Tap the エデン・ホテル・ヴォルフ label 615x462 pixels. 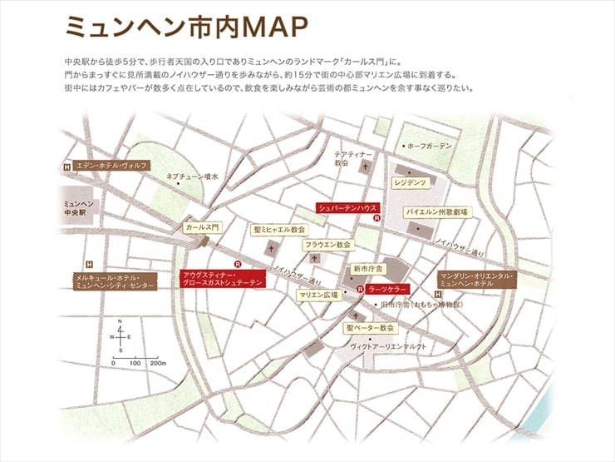pos(111,166)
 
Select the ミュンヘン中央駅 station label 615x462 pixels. pos(81,208)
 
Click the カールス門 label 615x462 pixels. pos(201,226)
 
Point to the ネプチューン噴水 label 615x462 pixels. pos(192,176)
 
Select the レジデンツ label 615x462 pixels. pos(411,181)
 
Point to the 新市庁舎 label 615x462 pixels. pos(367,269)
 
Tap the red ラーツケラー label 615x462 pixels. pos(387,289)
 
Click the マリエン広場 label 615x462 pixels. pos(319,295)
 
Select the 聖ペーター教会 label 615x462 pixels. pos(371,328)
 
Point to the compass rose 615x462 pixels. pos(121,336)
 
